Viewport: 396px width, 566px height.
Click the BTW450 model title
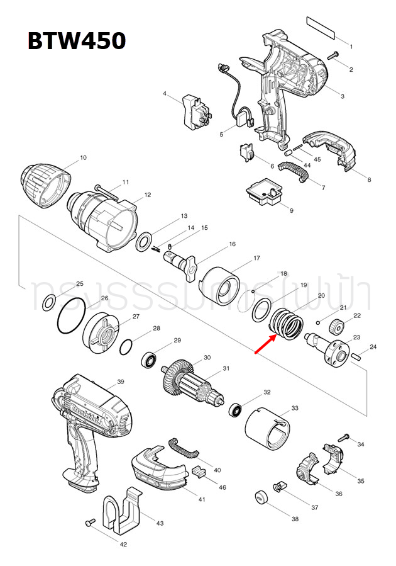(x=76, y=42)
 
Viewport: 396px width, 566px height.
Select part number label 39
(x=121, y=382)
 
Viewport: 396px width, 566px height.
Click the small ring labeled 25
(x=48, y=305)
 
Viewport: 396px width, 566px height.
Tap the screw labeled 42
(x=90, y=523)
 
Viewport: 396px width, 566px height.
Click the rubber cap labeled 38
(x=261, y=497)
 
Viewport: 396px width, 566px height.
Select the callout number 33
(x=295, y=409)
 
